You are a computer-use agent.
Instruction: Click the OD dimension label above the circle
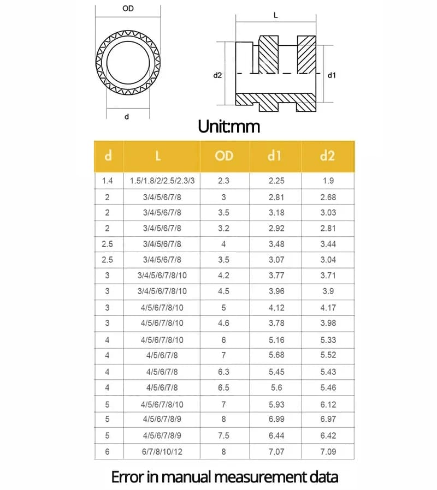click(128, 8)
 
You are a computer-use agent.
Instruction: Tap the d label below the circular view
click(127, 117)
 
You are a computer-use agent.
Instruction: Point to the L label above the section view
click(276, 15)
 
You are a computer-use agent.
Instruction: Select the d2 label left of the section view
click(217, 75)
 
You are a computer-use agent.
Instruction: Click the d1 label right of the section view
click(332, 75)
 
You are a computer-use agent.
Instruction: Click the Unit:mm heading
click(229, 127)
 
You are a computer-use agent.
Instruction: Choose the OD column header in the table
click(225, 156)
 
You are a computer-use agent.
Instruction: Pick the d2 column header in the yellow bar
click(328, 156)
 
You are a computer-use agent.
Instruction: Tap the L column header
click(158, 156)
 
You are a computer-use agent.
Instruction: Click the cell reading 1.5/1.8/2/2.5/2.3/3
click(162, 181)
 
